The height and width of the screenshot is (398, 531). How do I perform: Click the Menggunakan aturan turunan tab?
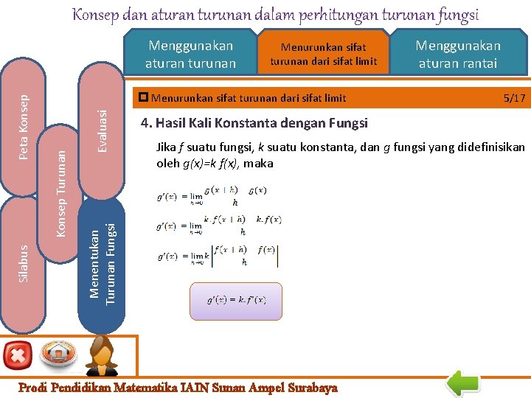[190, 55]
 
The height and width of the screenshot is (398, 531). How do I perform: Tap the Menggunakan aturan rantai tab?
[458, 55]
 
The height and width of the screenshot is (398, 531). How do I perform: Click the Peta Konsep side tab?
[24, 125]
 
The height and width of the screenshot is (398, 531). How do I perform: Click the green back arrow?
[464, 382]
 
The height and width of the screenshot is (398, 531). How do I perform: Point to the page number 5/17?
[514, 98]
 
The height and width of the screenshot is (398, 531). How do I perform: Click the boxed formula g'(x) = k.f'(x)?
[236, 300]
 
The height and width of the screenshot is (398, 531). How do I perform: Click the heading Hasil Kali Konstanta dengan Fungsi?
[254, 123]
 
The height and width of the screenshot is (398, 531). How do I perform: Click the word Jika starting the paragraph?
[166, 147]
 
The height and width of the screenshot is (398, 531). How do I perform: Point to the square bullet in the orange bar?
[144, 97]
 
